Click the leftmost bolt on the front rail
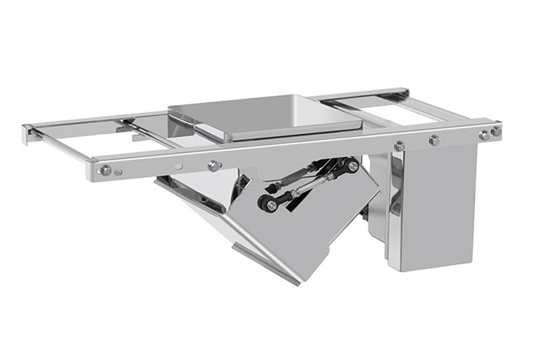(x=105, y=171)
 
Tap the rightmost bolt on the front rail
(x=496, y=132)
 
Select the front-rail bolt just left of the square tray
(x=214, y=165)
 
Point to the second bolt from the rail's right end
(x=483, y=135)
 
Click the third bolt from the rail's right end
(x=434, y=140)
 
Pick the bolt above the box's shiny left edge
(x=399, y=146)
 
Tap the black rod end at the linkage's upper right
(x=351, y=164)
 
